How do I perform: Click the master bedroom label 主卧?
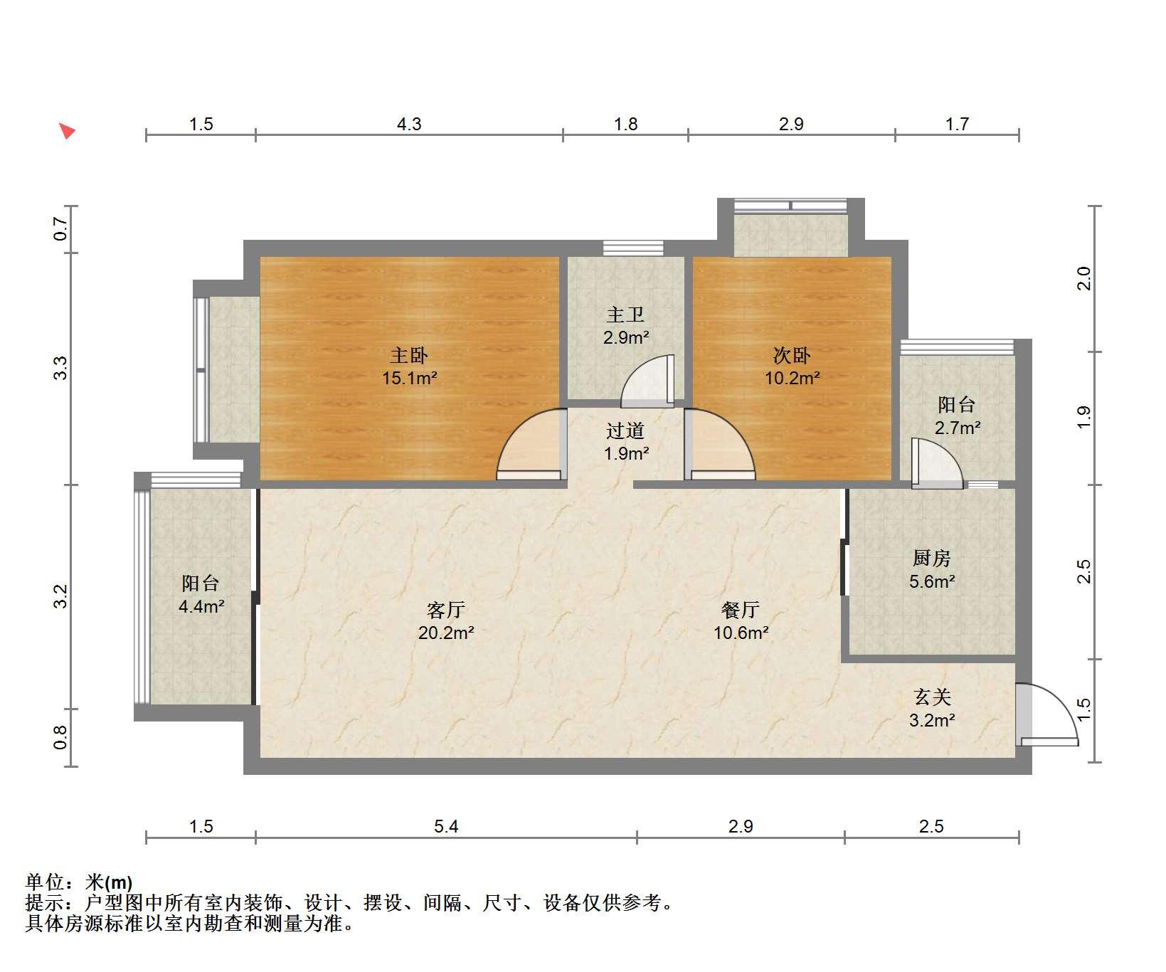click(x=409, y=356)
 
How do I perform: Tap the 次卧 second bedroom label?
click(x=792, y=356)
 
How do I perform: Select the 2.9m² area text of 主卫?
click(x=626, y=337)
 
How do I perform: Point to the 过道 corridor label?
click(x=625, y=430)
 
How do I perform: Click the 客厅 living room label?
click(x=446, y=610)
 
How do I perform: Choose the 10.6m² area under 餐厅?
click(x=741, y=633)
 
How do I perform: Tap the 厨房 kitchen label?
click(x=932, y=559)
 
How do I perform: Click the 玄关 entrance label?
click(x=932, y=697)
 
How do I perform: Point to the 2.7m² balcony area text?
click(x=958, y=428)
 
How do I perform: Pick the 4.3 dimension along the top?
click(x=409, y=125)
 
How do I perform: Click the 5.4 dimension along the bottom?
click(x=446, y=826)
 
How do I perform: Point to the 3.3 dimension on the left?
click(x=60, y=368)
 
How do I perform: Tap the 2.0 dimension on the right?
click(x=1083, y=278)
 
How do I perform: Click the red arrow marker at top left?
click(x=67, y=131)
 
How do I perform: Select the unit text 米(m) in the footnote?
click(x=109, y=883)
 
